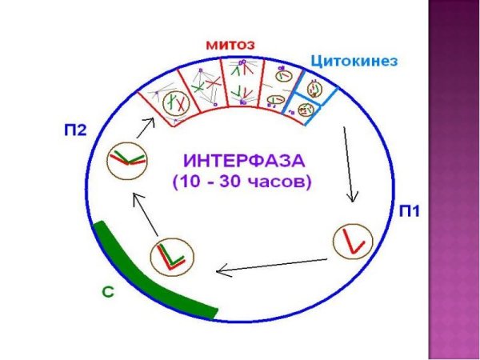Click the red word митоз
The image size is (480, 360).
pos(231,46)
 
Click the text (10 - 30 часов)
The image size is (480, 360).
pos(242,182)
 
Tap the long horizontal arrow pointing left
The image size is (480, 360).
pos(272,265)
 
